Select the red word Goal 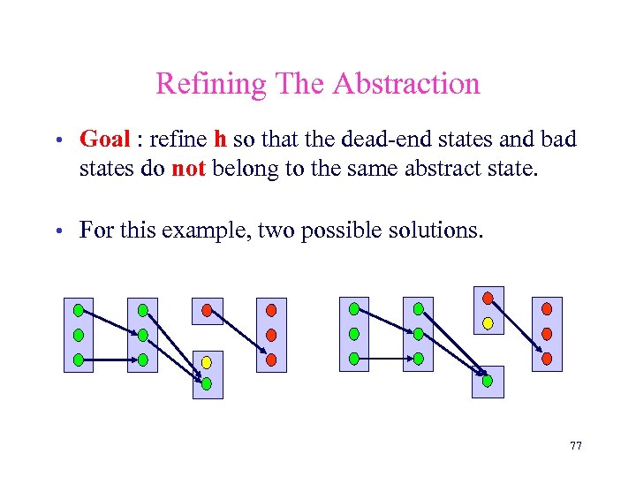click(104, 140)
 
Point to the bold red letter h click(221, 140)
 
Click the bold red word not click(188, 168)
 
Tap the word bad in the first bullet click(558, 140)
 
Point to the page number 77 click(576, 446)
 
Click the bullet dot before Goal click(56, 140)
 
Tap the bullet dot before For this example click(56, 232)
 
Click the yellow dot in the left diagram click(207, 362)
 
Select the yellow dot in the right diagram click(488, 322)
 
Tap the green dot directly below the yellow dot click(207, 384)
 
